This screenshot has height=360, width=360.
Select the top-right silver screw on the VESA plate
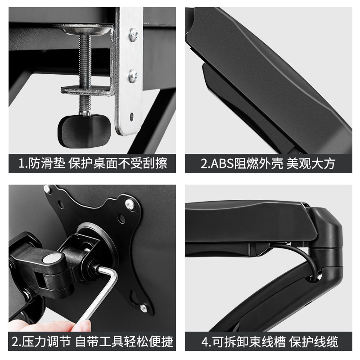tap(129, 205)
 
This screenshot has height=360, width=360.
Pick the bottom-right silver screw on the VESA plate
tap(143, 308)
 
